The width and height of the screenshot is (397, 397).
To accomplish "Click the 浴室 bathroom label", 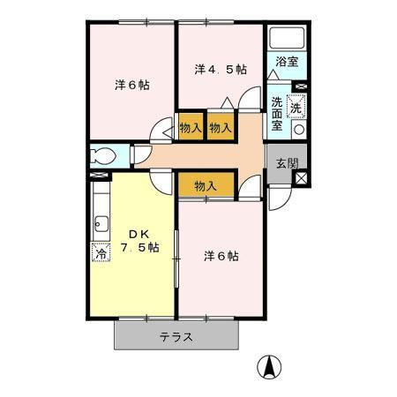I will point(287,62).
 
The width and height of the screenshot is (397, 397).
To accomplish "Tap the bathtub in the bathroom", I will point(286,40).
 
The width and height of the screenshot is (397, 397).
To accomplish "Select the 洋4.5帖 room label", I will point(220,68).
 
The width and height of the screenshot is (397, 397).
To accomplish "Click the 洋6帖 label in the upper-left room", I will point(131,86).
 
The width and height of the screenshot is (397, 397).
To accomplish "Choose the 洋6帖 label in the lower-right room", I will point(221,256).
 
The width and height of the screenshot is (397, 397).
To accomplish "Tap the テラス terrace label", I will point(176,337).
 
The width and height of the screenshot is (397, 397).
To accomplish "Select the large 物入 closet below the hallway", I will point(206,185).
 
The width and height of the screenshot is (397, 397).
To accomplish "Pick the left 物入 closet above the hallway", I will point(190,127).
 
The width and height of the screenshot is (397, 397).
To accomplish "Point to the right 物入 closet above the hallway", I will point(221,127).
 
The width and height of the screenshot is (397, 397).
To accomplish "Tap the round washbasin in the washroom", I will point(298,129).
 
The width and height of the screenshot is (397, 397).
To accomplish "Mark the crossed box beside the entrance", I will point(302,178).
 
